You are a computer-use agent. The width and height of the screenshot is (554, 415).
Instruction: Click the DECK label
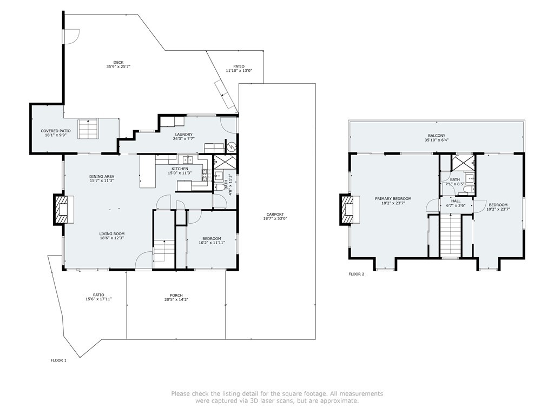[x=118, y=63]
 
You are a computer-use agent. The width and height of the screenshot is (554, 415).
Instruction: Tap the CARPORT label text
[x=275, y=214]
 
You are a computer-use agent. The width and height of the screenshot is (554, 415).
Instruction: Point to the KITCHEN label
[x=180, y=169]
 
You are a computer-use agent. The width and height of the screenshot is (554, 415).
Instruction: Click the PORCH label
[x=176, y=296]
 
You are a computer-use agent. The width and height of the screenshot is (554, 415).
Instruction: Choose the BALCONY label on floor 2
[x=437, y=136]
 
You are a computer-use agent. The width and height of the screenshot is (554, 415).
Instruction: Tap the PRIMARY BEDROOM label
[x=393, y=199]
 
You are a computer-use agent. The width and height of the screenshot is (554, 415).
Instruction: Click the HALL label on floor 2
[x=456, y=201]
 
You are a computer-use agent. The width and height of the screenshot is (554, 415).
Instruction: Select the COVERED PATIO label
[x=56, y=131]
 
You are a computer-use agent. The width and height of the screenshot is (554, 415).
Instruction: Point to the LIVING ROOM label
[x=111, y=233]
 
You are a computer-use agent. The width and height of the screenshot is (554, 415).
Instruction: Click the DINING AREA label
[x=102, y=177]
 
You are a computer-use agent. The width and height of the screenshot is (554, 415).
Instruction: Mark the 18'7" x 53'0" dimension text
[x=275, y=218]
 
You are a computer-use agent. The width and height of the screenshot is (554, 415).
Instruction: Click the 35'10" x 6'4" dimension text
[x=437, y=140]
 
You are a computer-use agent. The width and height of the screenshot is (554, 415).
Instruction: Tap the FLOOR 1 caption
[x=58, y=360]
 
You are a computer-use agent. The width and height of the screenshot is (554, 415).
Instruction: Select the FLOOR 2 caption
[x=356, y=274]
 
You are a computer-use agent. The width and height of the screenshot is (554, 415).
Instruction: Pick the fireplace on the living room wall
[x=64, y=210]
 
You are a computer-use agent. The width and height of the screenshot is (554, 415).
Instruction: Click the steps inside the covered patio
[x=88, y=129]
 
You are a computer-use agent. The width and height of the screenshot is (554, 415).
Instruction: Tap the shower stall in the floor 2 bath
[x=463, y=162]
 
